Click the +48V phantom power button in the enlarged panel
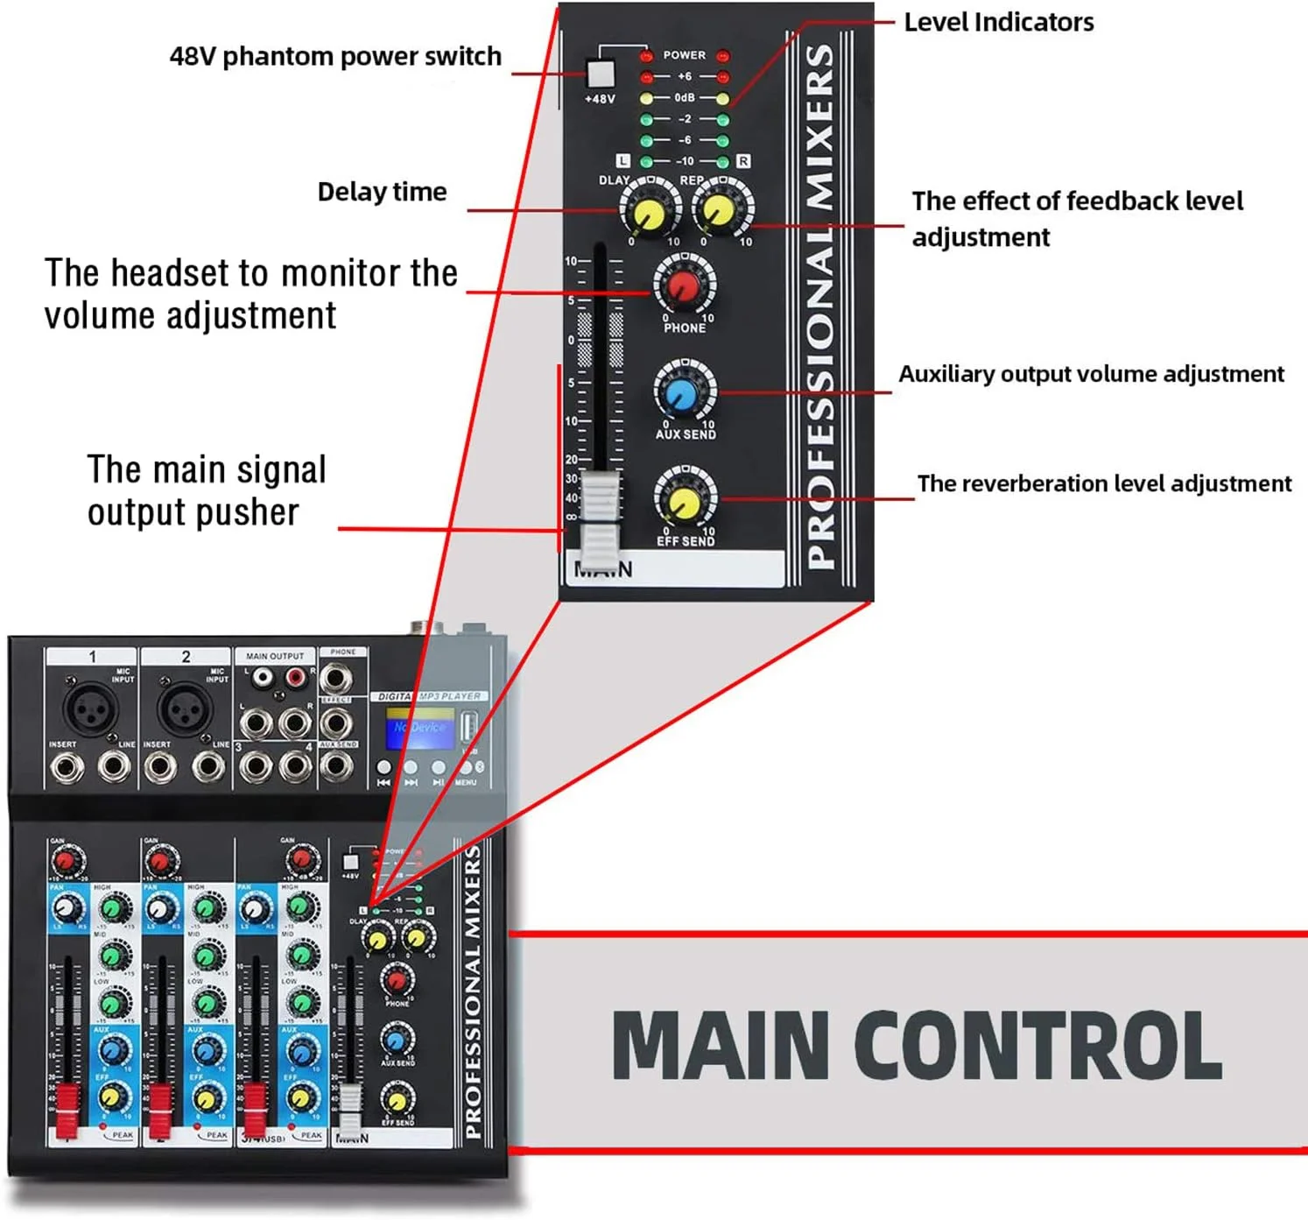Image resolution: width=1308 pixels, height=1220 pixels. pyautogui.click(x=601, y=73)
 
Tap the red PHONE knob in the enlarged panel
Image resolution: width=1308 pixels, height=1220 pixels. pyautogui.click(x=685, y=285)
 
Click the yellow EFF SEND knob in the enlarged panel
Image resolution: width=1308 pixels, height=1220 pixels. pyautogui.click(x=685, y=500)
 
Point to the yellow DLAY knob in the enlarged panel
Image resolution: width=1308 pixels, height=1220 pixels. pyautogui.click(x=649, y=211)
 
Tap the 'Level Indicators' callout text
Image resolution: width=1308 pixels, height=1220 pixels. pyautogui.click(x=998, y=22)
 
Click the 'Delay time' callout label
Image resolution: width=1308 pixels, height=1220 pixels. pyautogui.click(x=382, y=192)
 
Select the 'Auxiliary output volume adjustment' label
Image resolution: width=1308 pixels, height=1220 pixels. pyautogui.click(x=1091, y=374)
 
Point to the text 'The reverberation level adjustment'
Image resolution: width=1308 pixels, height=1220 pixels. pyautogui.click(x=1104, y=483)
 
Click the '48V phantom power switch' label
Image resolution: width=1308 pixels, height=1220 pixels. pyautogui.click(x=335, y=57)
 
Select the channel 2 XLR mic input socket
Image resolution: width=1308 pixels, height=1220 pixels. pyautogui.click(x=184, y=709)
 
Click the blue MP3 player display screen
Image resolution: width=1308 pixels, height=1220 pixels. pyautogui.click(x=419, y=729)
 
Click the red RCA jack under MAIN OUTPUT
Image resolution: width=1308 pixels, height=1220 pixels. pyautogui.click(x=296, y=677)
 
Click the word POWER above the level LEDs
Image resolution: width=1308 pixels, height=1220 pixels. pyautogui.click(x=684, y=55)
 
